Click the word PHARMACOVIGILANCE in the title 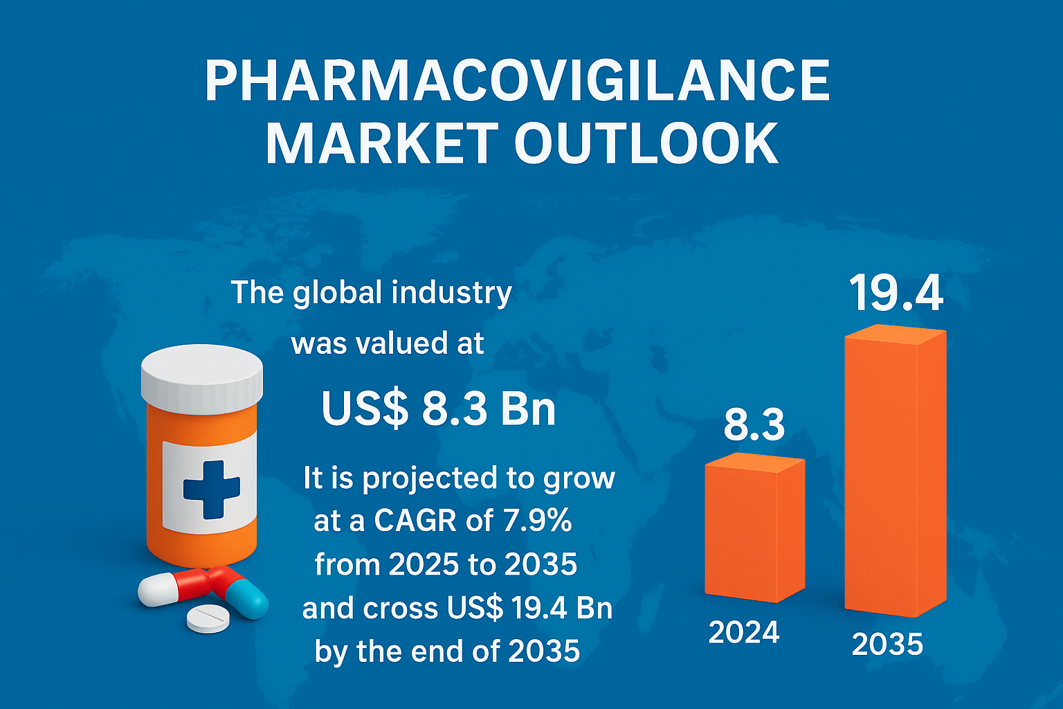pyautogui.click(x=517, y=82)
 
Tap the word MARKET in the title pyautogui.click(x=381, y=144)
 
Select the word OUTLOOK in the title pyautogui.click(x=646, y=144)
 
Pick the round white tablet pyautogui.click(x=208, y=618)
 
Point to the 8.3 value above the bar pyautogui.click(x=754, y=425)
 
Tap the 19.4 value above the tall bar pyautogui.click(x=896, y=294)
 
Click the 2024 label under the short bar pyautogui.click(x=744, y=632)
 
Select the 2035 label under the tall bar pyautogui.click(x=887, y=644)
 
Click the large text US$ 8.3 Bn pyautogui.click(x=439, y=409)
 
